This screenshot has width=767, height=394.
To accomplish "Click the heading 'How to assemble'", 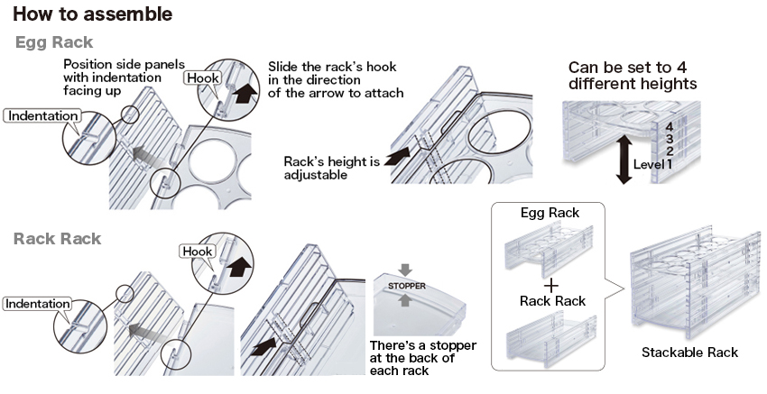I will [x=92, y=15].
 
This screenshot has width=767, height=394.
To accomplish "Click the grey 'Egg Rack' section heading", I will [x=54, y=42].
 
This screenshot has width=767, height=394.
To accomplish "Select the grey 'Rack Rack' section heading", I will [x=57, y=239].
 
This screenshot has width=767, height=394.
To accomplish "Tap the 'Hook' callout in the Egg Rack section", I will [x=202, y=78].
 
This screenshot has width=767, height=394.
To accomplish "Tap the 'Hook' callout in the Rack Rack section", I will [x=199, y=251].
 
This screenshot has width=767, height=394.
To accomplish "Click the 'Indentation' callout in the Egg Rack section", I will [x=42, y=116].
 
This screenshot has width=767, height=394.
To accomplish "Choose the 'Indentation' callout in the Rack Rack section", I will [x=38, y=304].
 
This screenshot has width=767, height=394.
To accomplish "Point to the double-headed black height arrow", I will [x=623, y=160].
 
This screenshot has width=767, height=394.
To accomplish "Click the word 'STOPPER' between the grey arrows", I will [x=406, y=286].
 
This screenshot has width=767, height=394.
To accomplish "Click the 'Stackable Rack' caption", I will [x=689, y=352].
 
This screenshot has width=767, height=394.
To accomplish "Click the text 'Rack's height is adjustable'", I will [x=331, y=168].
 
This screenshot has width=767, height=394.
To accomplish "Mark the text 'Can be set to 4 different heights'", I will [x=632, y=76].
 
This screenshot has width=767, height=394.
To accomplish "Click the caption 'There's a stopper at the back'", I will [x=423, y=358].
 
